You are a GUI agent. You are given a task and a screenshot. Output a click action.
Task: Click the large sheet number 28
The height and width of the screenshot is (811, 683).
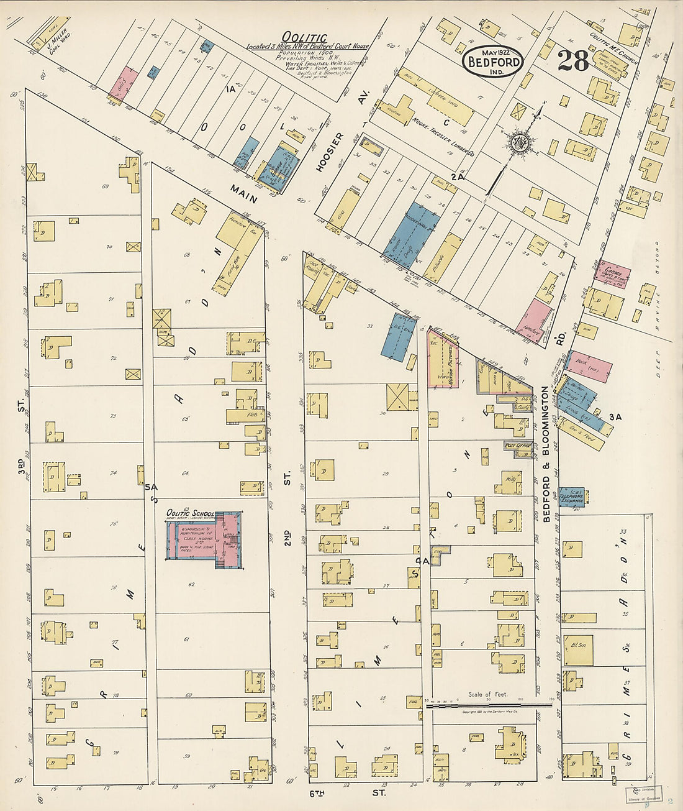(572, 61)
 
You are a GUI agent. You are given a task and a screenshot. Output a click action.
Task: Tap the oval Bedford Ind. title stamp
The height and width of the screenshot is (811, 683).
(493, 61)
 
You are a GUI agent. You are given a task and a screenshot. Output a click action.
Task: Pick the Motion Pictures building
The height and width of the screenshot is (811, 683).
(443, 359)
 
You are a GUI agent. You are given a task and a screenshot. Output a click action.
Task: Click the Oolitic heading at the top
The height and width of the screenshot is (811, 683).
(304, 38)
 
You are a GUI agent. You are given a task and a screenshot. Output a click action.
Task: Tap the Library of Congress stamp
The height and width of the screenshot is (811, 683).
(643, 795)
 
